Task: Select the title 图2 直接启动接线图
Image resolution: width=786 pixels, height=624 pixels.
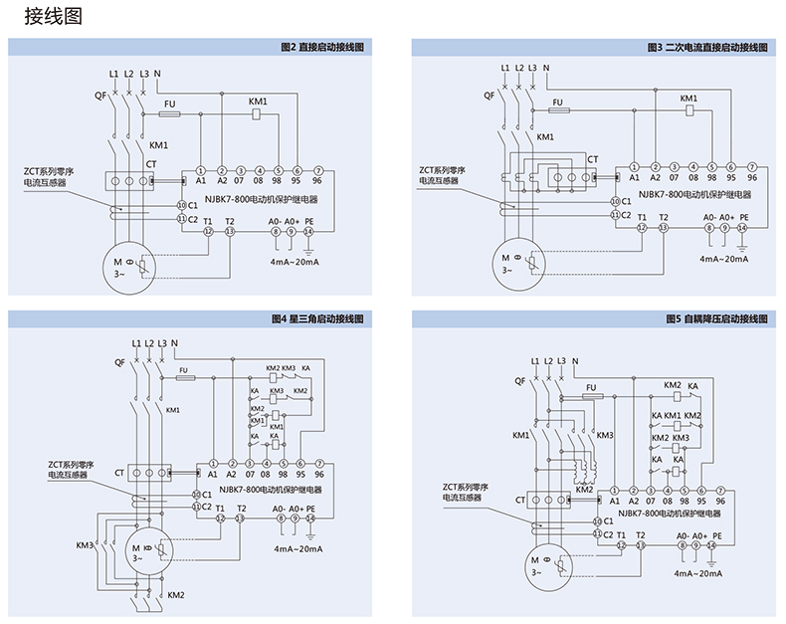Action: (323, 47)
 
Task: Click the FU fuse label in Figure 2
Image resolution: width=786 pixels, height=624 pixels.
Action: (170, 104)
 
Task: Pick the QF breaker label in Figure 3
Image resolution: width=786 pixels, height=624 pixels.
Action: (489, 96)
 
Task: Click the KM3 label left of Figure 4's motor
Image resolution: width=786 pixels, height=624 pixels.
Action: (85, 545)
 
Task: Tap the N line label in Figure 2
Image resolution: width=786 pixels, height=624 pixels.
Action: (157, 74)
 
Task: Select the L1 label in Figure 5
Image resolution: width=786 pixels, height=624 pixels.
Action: (535, 359)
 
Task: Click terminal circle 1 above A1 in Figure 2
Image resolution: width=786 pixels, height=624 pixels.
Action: (200, 170)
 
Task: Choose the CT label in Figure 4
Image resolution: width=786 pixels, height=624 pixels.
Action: (119, 473)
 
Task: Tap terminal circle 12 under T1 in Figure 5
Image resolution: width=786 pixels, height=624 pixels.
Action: (622, 545)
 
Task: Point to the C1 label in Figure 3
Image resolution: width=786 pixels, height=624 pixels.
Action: (624, 202)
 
